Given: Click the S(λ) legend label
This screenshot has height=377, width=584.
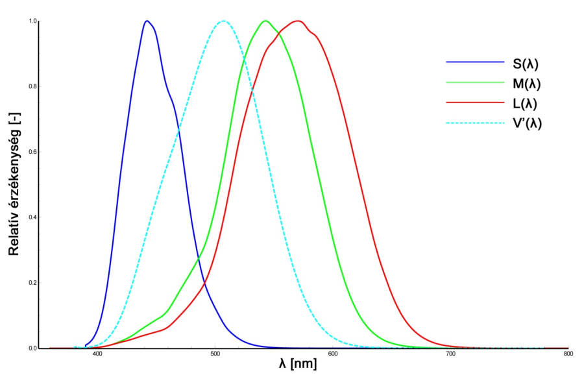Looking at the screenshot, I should pos(526,64).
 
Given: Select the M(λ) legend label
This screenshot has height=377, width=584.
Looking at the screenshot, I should pos(526,83).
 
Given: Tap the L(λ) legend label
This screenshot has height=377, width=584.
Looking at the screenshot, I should pos(525,103).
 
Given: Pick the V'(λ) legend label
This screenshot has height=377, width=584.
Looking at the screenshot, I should pos(527,122).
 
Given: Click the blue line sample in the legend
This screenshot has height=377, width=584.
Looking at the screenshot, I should pos(475,63).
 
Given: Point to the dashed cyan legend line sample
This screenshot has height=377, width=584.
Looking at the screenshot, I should pos(475,122).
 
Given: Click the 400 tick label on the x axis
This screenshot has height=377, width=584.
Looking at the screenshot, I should pos(97,354).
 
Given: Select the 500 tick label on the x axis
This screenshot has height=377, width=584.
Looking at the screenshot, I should pos(215,354).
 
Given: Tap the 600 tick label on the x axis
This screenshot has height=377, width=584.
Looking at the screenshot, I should pos(333,354).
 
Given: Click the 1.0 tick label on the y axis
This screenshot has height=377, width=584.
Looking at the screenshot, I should pos(33,21).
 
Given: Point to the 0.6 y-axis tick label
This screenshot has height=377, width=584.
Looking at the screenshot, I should pos(33,152).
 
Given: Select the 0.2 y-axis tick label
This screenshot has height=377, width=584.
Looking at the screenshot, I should pos(33,283).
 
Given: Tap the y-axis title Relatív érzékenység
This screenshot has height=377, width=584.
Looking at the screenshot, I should pos(13,185).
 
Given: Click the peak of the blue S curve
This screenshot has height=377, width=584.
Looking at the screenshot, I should pos(147,21).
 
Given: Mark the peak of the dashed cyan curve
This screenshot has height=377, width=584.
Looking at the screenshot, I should pos(223,21).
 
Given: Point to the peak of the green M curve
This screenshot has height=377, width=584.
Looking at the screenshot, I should pos(265,21).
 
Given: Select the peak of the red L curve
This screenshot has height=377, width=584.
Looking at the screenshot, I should pos(298,21).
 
